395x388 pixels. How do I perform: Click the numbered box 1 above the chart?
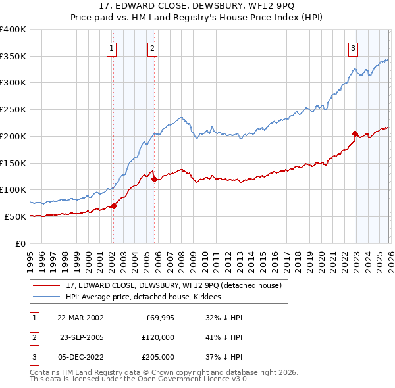click(112, 48)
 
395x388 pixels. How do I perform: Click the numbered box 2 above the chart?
click(152, 48)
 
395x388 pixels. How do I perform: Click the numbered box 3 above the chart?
click(353, 48)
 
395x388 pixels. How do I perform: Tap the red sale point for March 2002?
click(113, 206)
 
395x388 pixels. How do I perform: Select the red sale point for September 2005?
click(154, 179)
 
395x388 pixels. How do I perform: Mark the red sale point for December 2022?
click(355, 133)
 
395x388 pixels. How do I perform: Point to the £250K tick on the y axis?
click(14, 109)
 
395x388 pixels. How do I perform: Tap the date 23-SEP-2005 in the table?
click(82, 337)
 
